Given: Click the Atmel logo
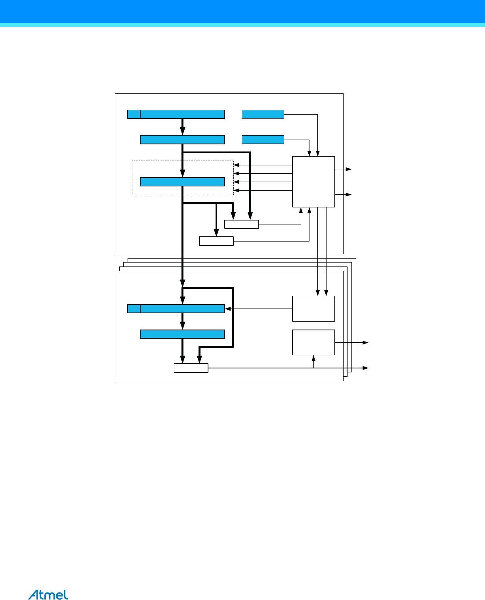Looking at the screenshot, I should [48, 595].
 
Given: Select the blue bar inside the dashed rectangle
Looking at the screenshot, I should [182, 182].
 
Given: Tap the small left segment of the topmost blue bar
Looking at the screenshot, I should [134, 115].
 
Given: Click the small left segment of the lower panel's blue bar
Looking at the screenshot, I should [134, 309].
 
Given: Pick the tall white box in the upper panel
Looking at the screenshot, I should [313, 182].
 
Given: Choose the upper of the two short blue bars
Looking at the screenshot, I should [263, 114].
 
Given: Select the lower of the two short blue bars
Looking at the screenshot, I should [263, 140].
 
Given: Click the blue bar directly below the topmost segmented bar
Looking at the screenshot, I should [182, 140].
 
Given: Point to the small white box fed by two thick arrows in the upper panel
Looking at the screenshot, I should [241, 224].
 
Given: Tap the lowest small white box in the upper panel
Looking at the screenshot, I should [216, 241].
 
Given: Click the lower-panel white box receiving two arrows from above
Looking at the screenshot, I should [313, 309].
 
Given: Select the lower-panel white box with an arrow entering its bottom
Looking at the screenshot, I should [313, 342].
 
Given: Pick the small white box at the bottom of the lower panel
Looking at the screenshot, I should [191, 368].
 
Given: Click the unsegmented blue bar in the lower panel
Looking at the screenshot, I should [182, 334].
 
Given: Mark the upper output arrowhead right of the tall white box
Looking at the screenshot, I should [348, 169].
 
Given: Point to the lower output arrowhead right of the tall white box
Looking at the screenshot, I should [348, 195].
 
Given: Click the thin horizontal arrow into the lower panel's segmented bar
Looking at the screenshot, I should [258, 309].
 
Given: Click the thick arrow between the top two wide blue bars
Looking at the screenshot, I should [183, 127].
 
